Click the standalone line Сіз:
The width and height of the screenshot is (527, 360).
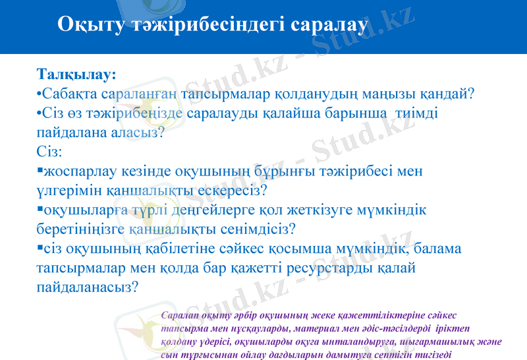click(49, 151)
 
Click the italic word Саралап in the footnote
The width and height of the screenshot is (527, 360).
click(182, 316)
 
